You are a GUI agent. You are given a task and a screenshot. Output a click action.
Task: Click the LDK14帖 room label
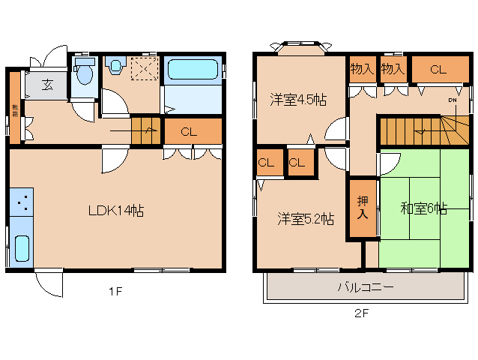coord(116,211)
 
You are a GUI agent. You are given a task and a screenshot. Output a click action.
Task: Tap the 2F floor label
coord(361,313)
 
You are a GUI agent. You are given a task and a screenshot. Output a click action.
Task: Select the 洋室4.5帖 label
coord(298,99)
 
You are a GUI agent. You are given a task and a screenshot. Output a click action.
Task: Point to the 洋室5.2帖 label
coord(306,219)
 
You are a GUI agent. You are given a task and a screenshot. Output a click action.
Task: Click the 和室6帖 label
coord(423,208)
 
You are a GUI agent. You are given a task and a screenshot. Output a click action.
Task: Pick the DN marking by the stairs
coord(453,100)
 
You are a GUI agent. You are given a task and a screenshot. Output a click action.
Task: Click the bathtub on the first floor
coord(193,70)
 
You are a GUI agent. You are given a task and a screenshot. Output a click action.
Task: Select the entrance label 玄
coord(47,84)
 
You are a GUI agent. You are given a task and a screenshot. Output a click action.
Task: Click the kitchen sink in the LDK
coord(22,248)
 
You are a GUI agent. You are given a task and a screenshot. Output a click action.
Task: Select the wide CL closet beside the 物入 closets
coord(438,70)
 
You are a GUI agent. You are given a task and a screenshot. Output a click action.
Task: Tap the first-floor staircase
coord(145,129)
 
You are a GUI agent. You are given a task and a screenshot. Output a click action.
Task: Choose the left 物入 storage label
coord(363,70)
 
